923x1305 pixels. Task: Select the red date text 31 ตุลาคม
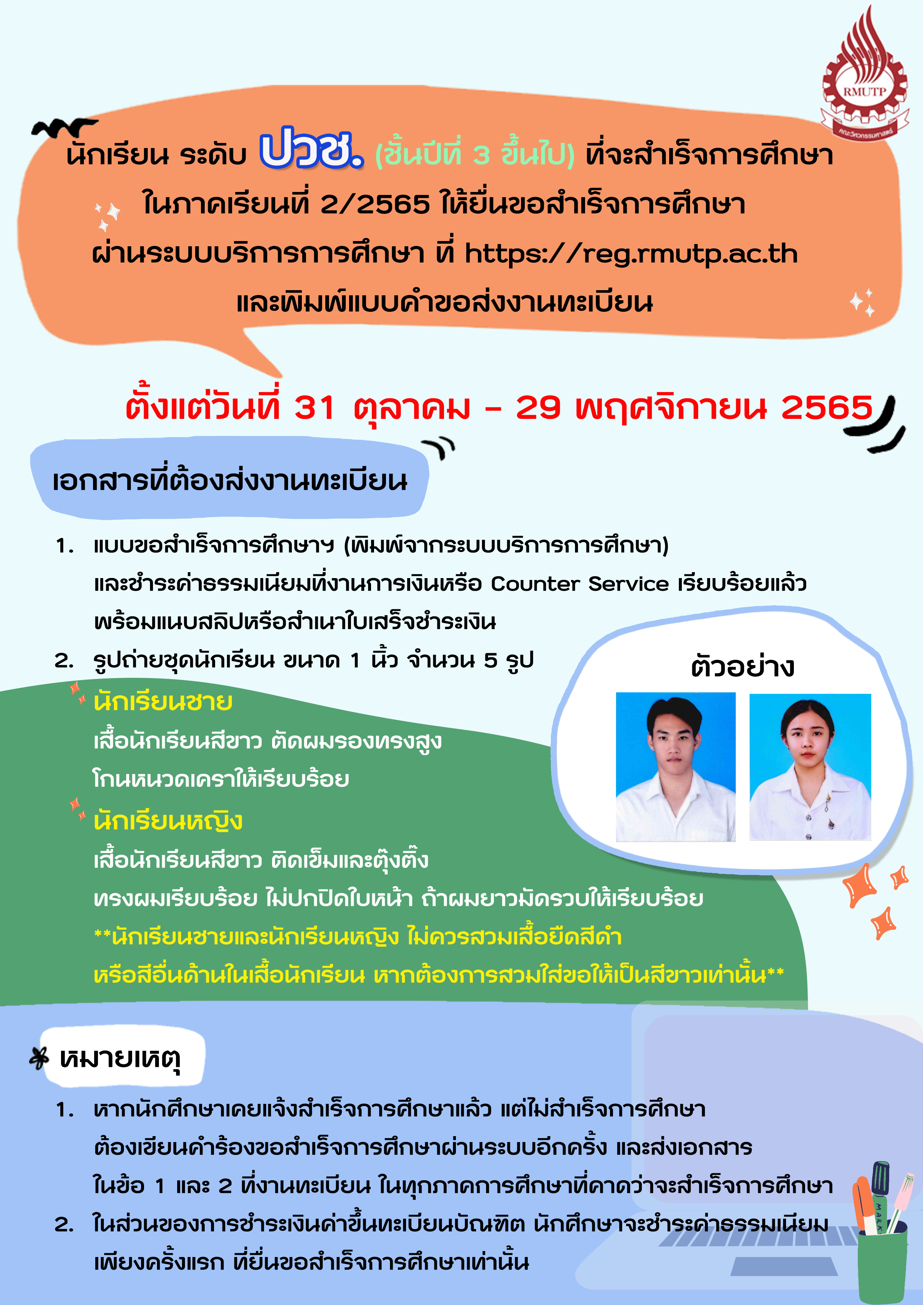383,408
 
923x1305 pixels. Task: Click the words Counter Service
579,584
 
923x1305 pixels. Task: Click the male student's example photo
676,766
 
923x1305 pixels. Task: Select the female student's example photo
810,766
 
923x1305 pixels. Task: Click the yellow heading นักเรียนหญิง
168,820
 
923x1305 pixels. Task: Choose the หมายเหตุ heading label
120,1058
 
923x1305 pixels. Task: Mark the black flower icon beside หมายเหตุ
39,1058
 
